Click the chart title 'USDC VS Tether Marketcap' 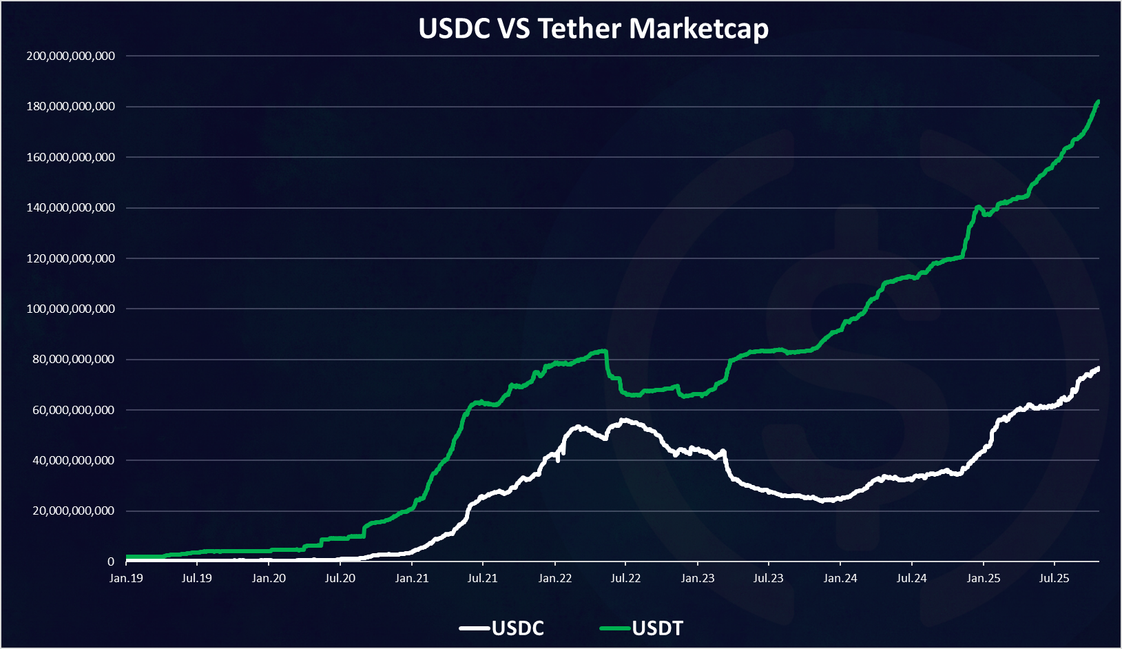click(593, 29)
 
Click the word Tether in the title click(579, 29)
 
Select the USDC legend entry click(517, 628)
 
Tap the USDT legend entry click(657, 628)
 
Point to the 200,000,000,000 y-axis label click(71, 56)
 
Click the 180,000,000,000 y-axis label click(71, 107)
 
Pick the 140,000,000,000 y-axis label click(71, 207)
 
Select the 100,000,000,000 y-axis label click(71, 309)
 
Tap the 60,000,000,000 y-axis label click(74, 410)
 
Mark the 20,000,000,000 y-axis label click(74, 511)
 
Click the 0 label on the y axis click(110, 562)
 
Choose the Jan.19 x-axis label click(126, 578)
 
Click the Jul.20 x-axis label click(340, 578)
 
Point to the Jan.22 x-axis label click(554, 578)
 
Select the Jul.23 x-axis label click(768, 578)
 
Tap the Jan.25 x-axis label click(983, 578)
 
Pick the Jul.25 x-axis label click(1054, 578)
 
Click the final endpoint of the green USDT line click(1098, 102)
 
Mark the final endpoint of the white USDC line click(1098, 369)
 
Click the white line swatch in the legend click(475, 628)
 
